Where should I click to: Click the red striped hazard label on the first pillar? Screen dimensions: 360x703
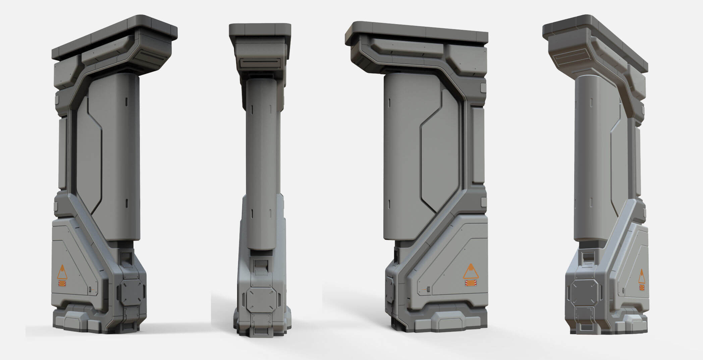point(62,284)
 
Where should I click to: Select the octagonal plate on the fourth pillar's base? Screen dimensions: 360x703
point(583,294)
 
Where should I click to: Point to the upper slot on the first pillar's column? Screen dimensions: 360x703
point(126,102)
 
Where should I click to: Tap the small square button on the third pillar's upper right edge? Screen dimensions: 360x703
point(483,88)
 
